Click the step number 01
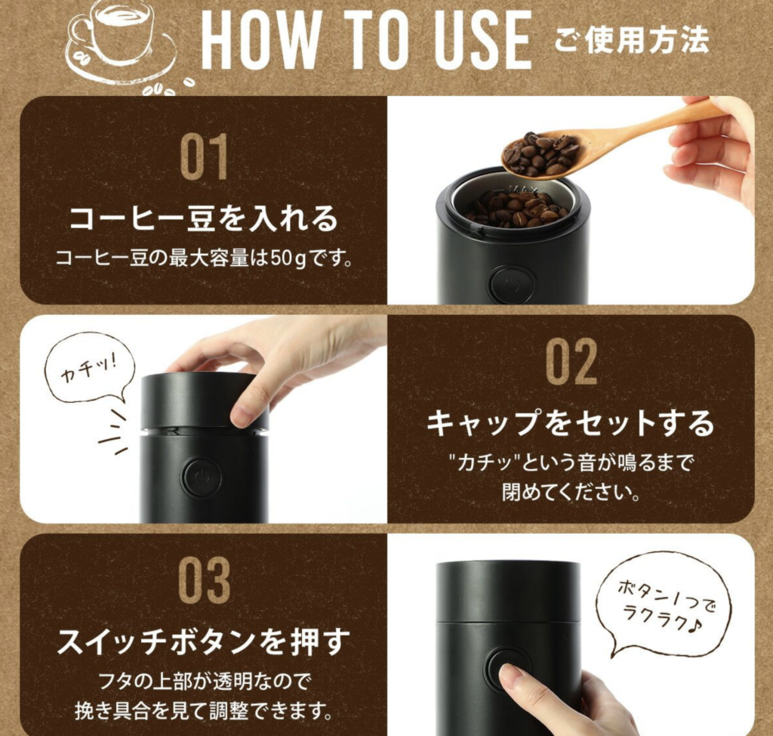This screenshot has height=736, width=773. coord(204,157)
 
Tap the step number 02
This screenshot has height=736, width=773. coord(571,362)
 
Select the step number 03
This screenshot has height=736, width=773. coord(204,580)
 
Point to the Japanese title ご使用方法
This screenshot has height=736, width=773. coord(632,40)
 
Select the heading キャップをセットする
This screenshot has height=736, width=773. coord(571,423)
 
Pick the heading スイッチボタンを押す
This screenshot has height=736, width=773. coord(204,641)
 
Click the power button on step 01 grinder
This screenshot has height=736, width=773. coord(508,285)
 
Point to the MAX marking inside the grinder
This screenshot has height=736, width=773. coord(522,190)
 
